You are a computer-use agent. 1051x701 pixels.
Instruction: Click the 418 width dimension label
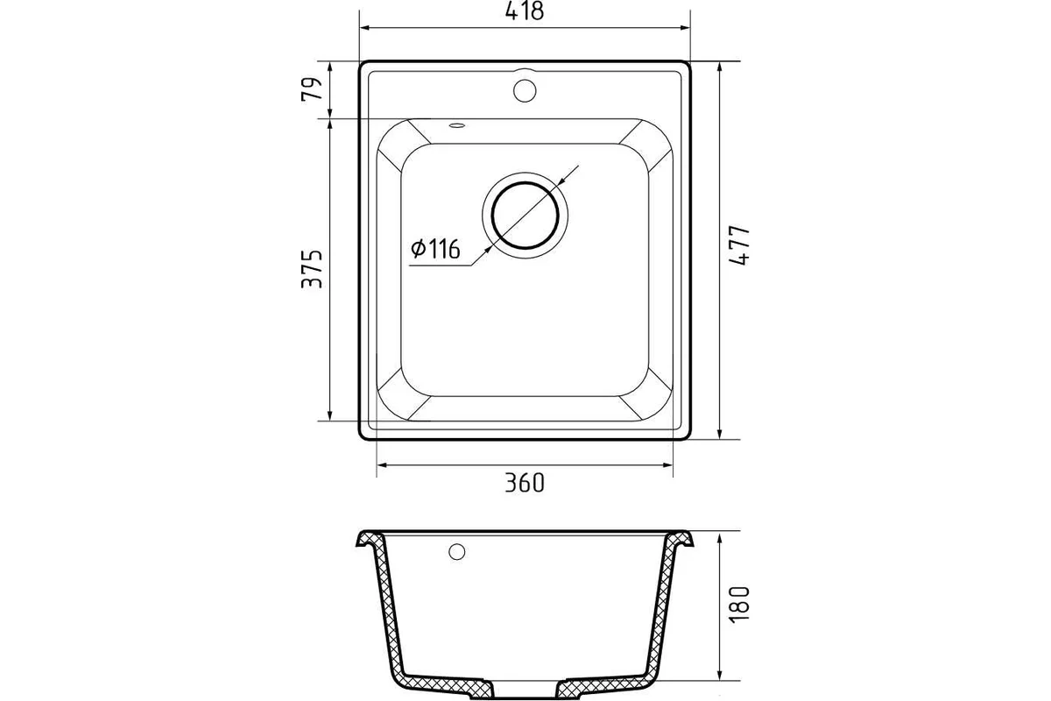524,11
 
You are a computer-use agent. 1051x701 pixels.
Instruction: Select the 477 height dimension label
739,245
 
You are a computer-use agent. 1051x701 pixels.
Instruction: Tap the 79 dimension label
312,89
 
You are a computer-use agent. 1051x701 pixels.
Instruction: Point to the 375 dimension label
312,268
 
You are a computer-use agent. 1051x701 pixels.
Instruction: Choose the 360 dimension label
525,483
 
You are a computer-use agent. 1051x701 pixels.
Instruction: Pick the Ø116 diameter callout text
435,249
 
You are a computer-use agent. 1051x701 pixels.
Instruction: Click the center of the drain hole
525,216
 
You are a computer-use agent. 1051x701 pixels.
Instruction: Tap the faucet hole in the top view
525,90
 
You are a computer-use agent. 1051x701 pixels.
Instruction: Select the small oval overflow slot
457,125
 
